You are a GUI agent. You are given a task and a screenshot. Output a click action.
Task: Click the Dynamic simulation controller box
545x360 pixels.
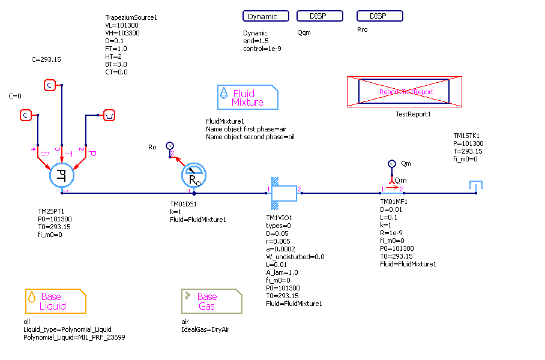click(x=266, y=16)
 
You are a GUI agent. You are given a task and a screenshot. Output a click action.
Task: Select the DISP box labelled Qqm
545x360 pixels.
click(x=319, y=16)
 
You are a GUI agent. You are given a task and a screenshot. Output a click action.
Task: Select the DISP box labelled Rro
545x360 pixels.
click(x=379, y=16)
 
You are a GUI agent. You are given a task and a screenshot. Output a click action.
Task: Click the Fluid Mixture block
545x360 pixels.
click(x=248, y=97)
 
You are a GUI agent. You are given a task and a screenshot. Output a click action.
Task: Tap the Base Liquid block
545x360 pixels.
click(x=55, y=301)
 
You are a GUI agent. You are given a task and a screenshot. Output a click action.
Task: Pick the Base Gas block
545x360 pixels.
click(x=212, y=301)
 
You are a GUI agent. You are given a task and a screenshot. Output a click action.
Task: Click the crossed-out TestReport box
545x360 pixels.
click(x=405, y=92)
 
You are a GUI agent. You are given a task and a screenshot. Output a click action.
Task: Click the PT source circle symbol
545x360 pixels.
click(x=61, y=175)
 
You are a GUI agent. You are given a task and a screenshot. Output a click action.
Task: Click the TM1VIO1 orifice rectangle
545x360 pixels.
click(x=285, y=193)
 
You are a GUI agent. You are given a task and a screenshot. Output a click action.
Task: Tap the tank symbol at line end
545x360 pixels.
click(x=476, y=187)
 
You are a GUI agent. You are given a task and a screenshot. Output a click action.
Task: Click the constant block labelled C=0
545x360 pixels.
click(x=26, y=115)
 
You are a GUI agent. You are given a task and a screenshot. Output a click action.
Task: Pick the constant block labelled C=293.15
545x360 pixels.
click(x=50, y=85)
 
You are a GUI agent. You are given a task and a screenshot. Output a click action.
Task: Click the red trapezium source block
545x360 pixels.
click(x=109, y=115)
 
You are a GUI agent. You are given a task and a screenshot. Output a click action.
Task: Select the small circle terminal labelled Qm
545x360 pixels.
click(x=391, y=163)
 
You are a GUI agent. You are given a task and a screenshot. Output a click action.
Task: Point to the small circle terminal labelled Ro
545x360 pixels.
click(x=170, y=145)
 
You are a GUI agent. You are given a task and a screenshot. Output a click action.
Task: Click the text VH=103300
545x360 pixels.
click(x=127, y=34)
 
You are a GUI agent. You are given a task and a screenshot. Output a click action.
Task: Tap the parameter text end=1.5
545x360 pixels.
click(x=257, y=41)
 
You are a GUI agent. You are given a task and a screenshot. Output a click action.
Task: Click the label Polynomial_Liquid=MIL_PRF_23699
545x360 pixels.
click(x=74, y=337)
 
